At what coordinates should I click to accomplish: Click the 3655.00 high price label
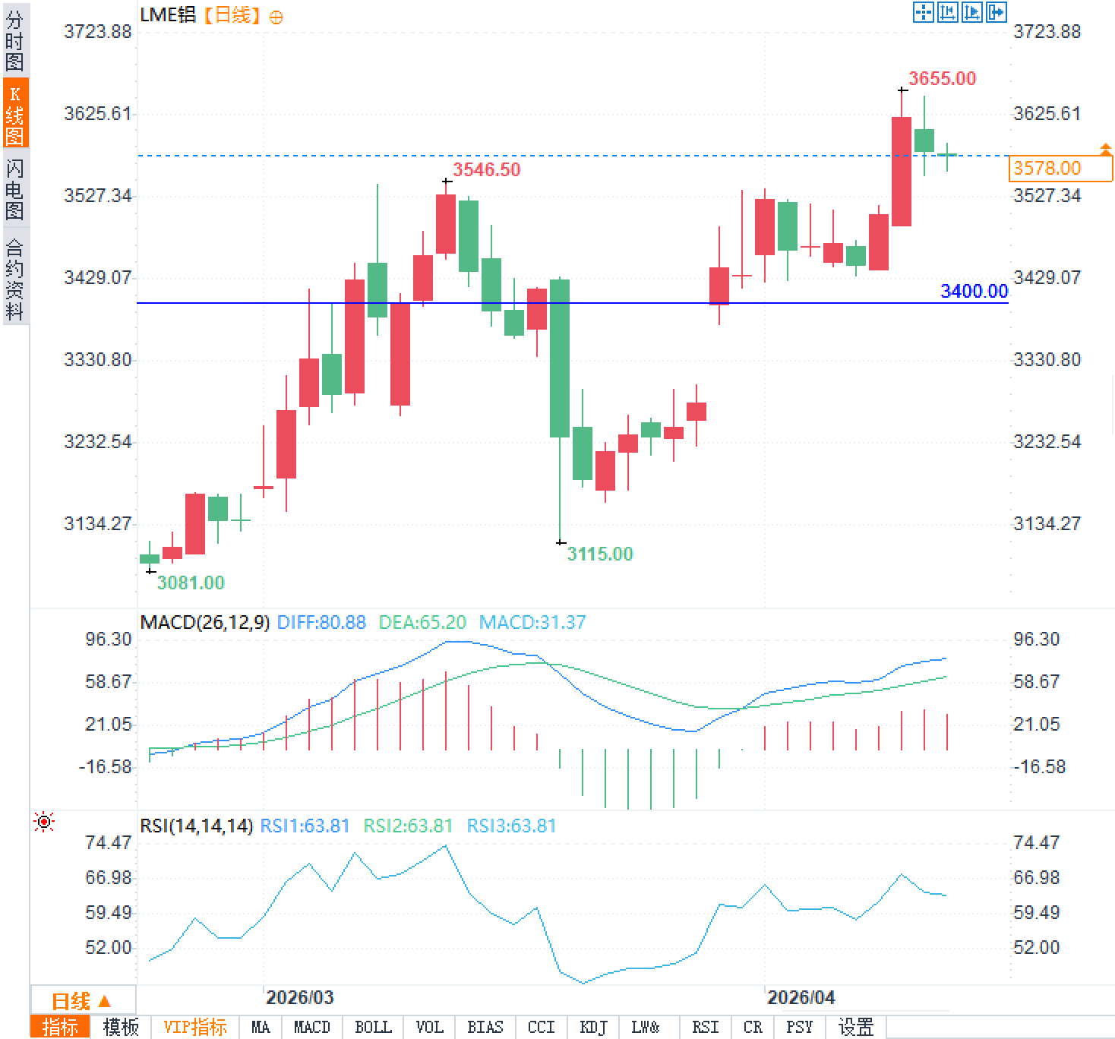pos(942,78)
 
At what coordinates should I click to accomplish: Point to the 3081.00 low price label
pos(191,583)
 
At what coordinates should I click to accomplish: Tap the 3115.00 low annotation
pos(600,554)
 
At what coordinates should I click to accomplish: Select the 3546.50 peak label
pos(487,169)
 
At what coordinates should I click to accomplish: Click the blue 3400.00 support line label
pos(974,292)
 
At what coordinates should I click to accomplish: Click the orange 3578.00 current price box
pos(1060,168)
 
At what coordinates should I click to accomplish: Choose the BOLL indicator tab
pos(373,1028)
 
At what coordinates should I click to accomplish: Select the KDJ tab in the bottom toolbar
pos(593,1028)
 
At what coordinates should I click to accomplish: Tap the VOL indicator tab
pos(429,1028)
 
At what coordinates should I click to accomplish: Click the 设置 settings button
pos(856,1028)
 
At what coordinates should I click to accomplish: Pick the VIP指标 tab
pos(195,1028)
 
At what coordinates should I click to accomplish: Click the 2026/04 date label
pos(801,997)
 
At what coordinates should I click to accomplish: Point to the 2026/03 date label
pos(300,997)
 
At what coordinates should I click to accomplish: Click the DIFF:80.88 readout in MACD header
pos(321,623)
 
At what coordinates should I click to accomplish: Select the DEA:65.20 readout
pos(422,623)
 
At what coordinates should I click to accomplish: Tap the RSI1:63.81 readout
pos(305,826)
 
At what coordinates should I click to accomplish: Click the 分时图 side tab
pos(14,41)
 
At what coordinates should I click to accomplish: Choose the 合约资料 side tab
pos(14,279)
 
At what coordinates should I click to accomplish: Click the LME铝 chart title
pos(168,15)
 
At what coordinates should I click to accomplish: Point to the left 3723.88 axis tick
pos(97,31)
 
